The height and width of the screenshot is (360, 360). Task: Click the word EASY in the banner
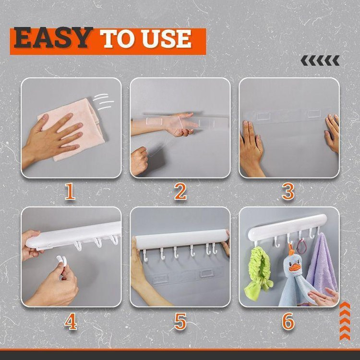(53, 37)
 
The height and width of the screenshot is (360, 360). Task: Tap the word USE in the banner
(167, 39)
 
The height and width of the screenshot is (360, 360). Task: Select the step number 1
(70, 191)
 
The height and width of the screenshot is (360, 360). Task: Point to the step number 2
(180, 191)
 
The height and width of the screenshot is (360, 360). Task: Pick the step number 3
(288, 191)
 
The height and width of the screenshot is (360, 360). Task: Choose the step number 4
(71, 322)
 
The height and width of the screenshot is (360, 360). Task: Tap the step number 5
(180, 322)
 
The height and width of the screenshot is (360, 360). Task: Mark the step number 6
(288, 322)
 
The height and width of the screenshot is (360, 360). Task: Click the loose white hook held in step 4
(62, 260)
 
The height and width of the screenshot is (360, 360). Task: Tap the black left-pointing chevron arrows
(320, 60)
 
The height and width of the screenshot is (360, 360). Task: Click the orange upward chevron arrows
(345, 321)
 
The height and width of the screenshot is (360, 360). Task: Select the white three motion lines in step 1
(103, 101)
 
